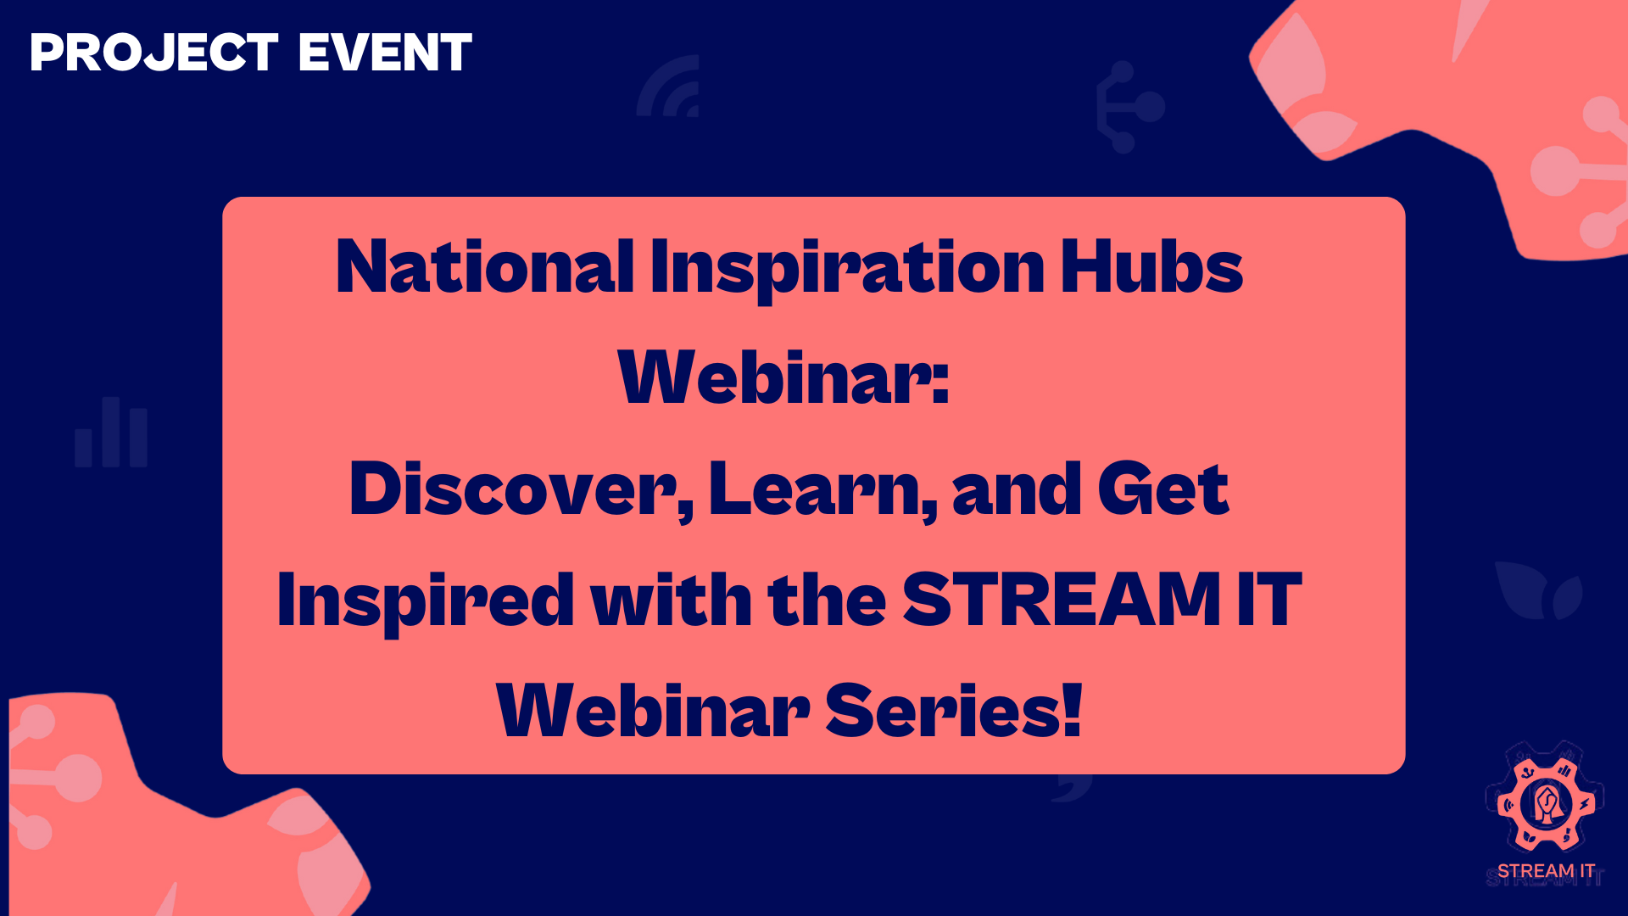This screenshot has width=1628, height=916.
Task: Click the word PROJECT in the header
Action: click(154, 53)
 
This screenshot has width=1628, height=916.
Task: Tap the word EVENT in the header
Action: click(385, 53)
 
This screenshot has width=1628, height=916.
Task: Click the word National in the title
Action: click(485, 266)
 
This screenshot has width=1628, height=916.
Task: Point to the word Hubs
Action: click(1151, 266)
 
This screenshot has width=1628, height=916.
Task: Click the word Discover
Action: click(521, 490)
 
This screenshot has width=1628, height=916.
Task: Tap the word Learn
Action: click(822, 490)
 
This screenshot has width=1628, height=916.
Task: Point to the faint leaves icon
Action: click(1537, 590)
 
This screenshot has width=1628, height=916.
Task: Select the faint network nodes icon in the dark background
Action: click(1129, 107)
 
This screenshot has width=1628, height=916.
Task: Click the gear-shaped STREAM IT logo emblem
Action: click(1545, 800)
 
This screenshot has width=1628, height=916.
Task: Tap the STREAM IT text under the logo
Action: click(1546, 872)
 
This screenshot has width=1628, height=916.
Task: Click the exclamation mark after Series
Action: click(1073, 711)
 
